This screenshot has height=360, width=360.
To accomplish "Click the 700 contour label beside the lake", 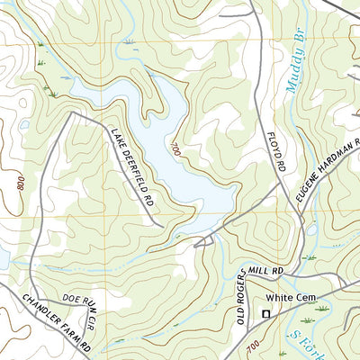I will point(175,149).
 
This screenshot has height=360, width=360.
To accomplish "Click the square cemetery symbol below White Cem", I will point(265,313).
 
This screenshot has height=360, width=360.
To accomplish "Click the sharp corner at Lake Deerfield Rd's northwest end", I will point(72,112).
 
